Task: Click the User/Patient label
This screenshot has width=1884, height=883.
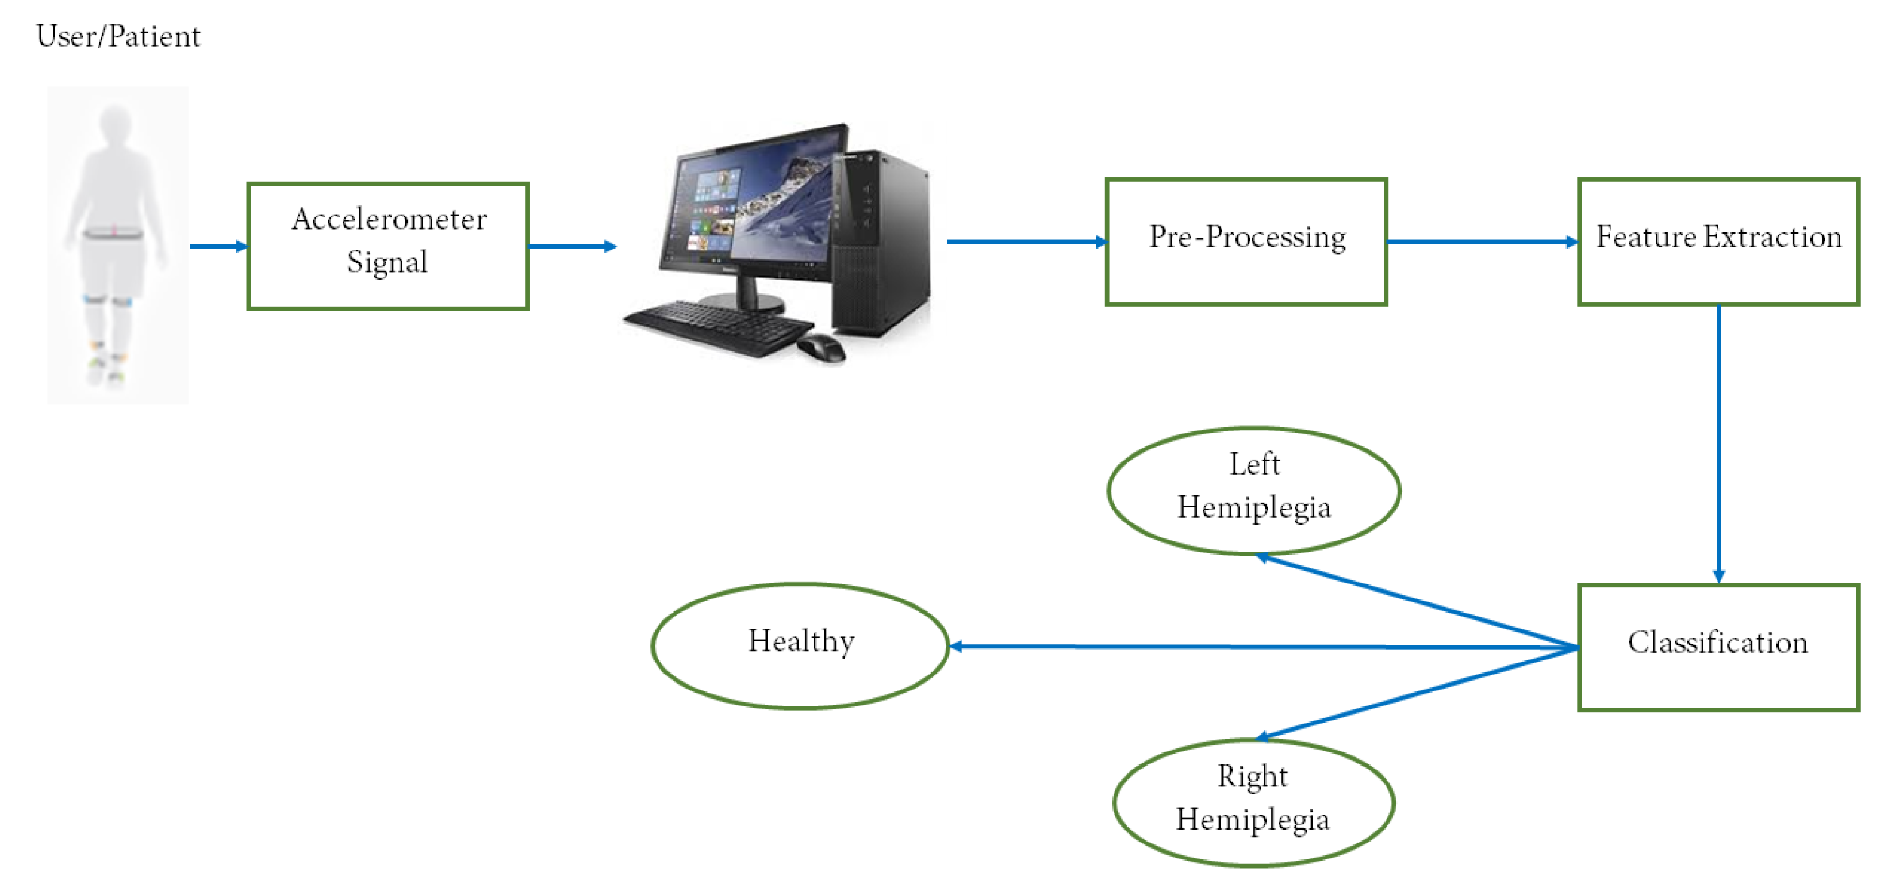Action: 118,36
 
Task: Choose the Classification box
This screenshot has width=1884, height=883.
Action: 1718,647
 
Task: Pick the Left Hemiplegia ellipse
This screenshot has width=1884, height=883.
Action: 1253,490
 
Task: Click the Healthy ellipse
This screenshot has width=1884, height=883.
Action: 800,645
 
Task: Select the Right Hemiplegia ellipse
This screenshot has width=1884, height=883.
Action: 1253,802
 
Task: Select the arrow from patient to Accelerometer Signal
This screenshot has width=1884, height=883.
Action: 218,246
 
